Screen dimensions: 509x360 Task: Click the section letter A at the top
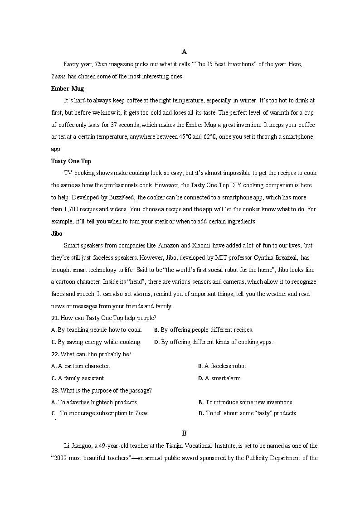(184, 52)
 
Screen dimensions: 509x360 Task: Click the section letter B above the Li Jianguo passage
(184, 433)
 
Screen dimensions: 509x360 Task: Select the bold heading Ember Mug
(68, 88)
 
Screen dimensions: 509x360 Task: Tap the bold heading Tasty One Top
(71, 161)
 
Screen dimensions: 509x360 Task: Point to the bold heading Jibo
(57, 233)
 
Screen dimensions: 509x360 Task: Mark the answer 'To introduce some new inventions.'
(249, 402)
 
